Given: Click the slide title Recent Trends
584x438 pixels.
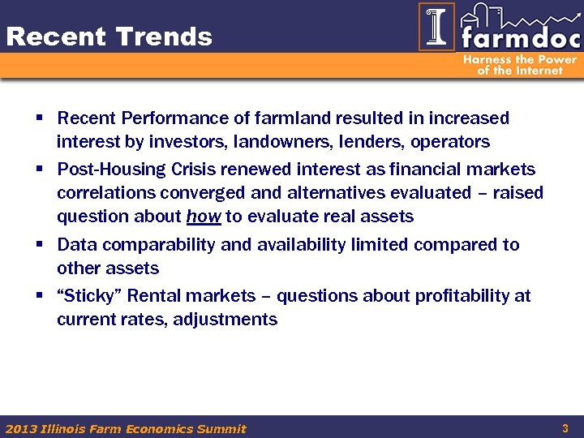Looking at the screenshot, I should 109,36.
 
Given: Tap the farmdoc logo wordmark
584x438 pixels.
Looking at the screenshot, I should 519,38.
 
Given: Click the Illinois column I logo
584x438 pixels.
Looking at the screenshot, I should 436,27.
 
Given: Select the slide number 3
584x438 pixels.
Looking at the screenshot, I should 565,427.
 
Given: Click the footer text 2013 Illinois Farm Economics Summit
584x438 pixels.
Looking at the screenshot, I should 126,428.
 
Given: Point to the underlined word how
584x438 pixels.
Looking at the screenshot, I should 204,217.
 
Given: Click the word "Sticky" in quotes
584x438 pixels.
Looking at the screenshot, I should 86,296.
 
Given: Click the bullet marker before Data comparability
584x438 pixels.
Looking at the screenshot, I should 39,244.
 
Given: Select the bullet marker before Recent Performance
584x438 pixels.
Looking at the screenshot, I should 39,118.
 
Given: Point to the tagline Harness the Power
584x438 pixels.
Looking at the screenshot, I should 520,59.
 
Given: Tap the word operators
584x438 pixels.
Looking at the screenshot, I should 450,142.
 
